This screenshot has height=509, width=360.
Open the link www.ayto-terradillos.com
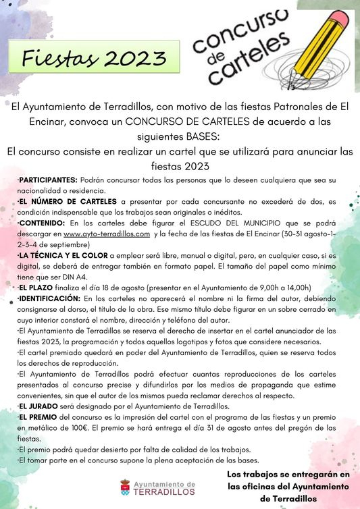click(106, 234)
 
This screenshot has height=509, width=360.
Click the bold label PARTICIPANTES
click(49, 181)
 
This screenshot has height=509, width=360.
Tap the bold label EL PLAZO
click(39, 287)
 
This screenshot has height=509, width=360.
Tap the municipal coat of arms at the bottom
click(125, 487)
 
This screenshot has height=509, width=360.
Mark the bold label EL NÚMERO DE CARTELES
click(68, 201)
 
